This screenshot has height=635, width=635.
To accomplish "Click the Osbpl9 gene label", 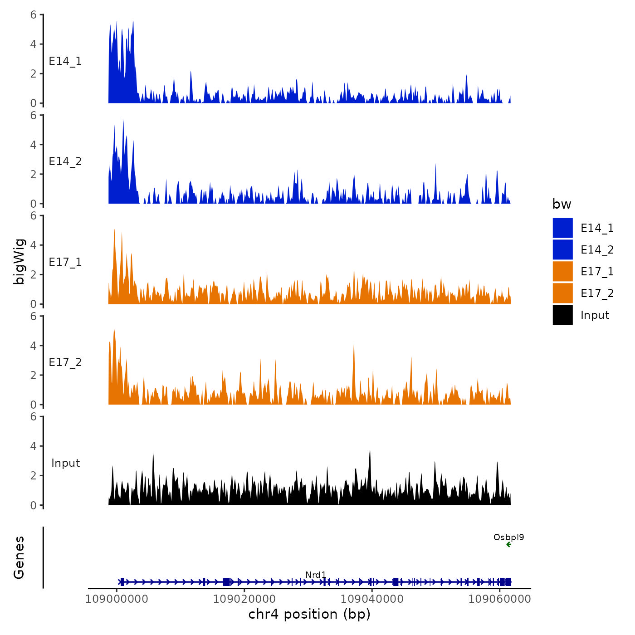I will pos(508,537).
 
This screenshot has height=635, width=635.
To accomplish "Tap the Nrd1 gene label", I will pos(316,575).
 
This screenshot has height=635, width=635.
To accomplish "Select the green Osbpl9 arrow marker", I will pos(508,544).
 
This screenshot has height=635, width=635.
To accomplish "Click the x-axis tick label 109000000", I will pos(117,599).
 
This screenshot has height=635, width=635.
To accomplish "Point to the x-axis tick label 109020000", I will pos(244,599).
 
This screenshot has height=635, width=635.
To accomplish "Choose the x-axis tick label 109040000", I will pos(372,599).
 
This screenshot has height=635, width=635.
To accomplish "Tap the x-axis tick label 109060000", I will pos(499,599).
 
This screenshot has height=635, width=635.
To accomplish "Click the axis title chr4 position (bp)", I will pos(309,614).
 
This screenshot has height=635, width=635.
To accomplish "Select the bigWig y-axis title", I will pos(19,261).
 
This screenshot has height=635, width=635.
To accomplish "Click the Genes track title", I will pos(19,557).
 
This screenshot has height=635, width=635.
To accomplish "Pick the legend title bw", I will pos(562,204).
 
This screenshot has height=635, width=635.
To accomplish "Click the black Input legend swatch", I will pos(562,315).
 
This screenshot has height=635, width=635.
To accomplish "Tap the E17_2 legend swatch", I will pos(562,293).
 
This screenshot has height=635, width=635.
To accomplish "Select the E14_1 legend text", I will pos(597,228).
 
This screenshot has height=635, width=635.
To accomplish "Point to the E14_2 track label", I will pos(65,161).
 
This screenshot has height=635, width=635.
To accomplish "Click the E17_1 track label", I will pos(65,262).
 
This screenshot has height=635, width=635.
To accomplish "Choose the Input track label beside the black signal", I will pos(65,463).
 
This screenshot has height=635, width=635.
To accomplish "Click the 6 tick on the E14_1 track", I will pos(34,15).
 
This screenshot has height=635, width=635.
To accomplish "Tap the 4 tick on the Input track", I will pos(34,446).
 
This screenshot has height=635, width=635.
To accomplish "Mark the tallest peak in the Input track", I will pos(370,451).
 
